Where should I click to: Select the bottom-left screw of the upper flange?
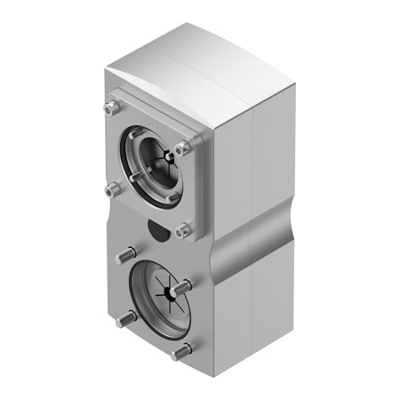112,188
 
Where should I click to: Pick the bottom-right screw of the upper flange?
182,229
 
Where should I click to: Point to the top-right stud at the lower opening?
182,288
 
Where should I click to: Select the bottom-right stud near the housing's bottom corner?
180,352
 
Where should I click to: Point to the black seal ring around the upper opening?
133,142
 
